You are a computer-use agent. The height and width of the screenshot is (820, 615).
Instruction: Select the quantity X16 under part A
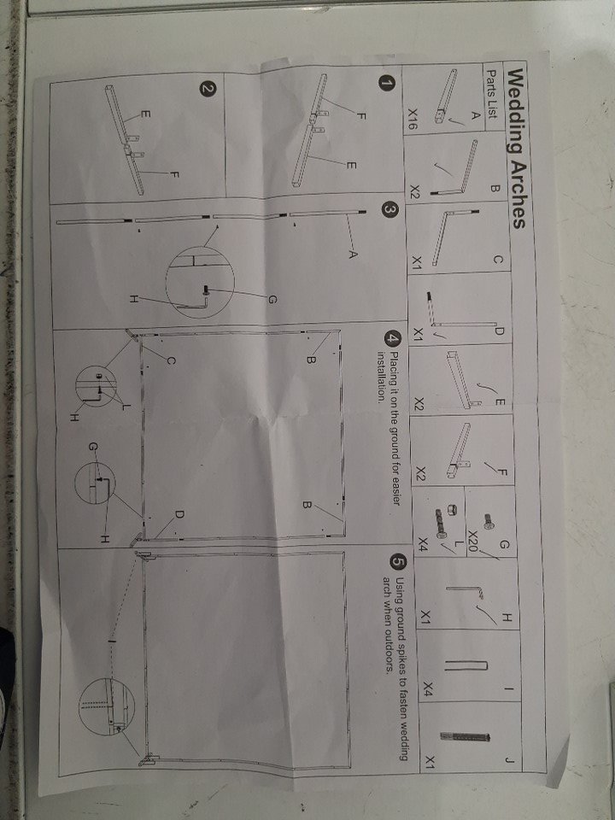(x=413, y=120)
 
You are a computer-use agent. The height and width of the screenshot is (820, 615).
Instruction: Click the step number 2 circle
(x=207, y=89)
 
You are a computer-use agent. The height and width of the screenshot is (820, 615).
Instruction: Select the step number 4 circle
(x=390, y=340)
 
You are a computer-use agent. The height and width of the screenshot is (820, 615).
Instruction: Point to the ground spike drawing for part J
(x=465, y=736)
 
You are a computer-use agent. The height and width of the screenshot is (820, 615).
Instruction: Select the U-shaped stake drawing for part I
(x=466, y=665)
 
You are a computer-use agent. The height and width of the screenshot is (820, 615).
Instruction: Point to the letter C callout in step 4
(x=171, y=360)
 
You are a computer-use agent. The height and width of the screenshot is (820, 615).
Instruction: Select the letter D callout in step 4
(x=179, y=514)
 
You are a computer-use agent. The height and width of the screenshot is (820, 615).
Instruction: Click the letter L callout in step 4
(x=126, y=406)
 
